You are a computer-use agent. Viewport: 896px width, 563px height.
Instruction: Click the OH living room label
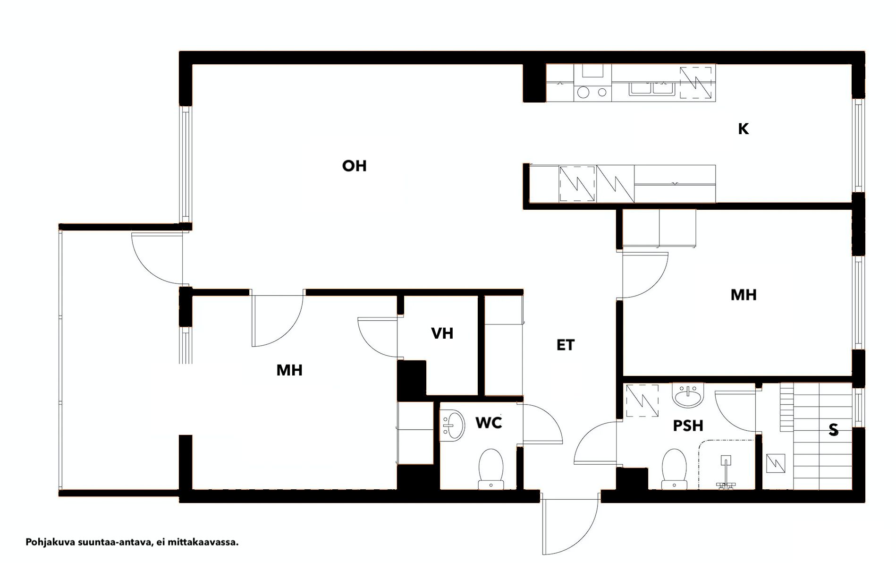click(x=354, y=166)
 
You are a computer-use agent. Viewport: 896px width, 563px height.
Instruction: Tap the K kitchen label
click(x=744, y=129)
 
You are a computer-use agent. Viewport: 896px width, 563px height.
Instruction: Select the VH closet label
click(x=442, y=333)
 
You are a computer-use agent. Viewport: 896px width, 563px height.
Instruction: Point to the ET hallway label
click(x=566, y=345)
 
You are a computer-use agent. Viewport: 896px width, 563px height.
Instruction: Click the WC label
click(x=489, y=423)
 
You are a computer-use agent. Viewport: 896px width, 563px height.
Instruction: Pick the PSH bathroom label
click(x=688, y=426)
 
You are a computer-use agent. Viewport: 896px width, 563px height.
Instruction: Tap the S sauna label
click(x=834, y=430)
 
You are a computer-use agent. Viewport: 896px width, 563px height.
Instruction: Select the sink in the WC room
click(x=453, y=426)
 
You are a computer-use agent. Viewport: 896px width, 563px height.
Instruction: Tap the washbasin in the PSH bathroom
click(x=689, y=395)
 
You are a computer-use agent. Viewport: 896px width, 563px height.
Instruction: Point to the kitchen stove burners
click(x=592, y=93)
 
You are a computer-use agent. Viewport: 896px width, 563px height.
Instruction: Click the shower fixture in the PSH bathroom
click(x=726, y=472)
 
